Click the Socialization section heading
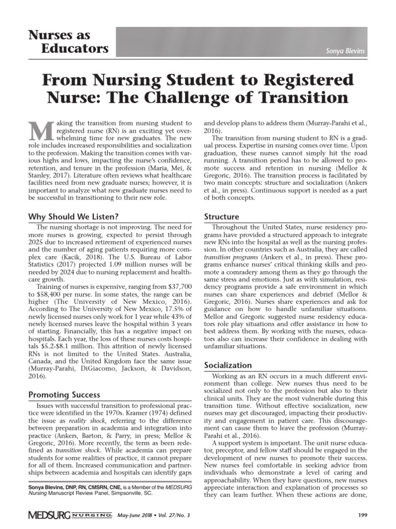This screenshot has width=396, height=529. pos(228,365)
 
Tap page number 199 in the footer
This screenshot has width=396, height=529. pos(362,515)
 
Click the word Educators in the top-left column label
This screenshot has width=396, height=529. pos(74,49)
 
